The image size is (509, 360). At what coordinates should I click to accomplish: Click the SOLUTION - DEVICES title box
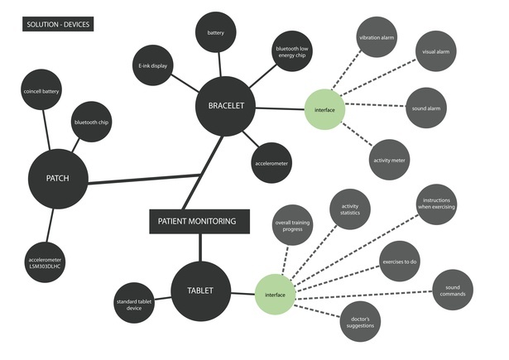[57, 25]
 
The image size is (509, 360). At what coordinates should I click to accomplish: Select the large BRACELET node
[225, 107]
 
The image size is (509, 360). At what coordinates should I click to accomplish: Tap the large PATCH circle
[57, 178]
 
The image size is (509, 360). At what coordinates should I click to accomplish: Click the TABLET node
[200, 290]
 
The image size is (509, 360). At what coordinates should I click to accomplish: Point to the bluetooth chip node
[92, 122]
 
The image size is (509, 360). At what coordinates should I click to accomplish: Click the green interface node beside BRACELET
[324, 110]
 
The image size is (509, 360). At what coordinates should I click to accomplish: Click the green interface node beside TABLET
[274, 293]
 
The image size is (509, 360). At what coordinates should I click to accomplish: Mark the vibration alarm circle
[375, 39]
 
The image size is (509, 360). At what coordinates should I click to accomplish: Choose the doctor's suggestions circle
[363, 321]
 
